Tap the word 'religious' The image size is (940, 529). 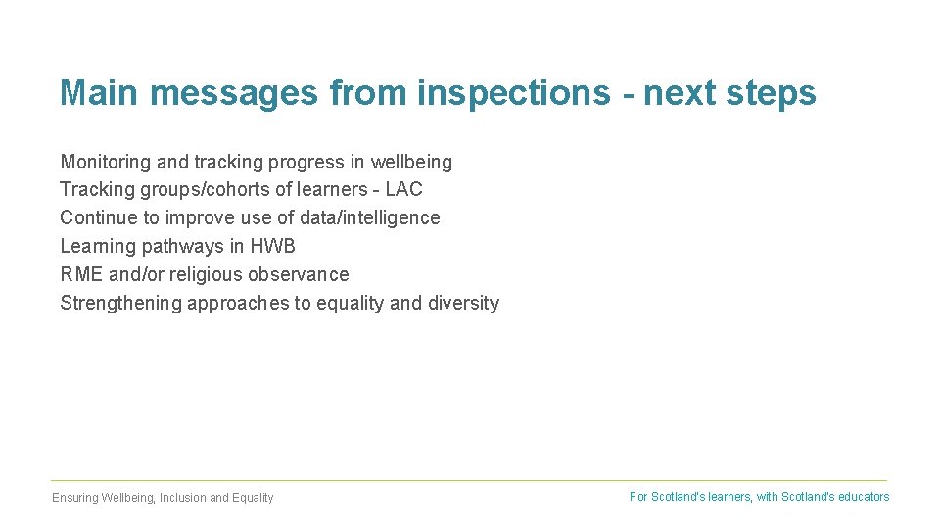point(206,274)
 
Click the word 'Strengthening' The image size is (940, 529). point(121,303)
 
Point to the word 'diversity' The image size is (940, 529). point(462,303)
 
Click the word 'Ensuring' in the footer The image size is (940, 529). point(74,498)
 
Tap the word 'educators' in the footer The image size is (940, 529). point(864,497)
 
